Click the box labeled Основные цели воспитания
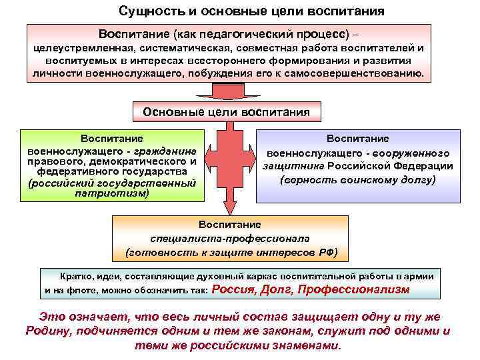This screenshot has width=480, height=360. [227, 112]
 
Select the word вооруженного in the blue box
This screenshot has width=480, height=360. [421, 152]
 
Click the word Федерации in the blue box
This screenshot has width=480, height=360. [425, 166]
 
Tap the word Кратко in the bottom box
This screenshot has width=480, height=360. [75, 276]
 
